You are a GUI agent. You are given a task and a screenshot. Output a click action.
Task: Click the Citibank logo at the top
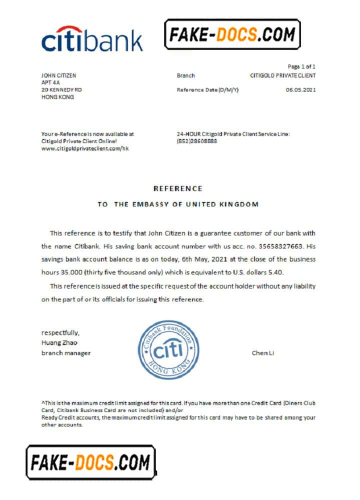click(x=92, y=39)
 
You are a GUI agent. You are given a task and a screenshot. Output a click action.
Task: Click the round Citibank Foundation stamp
click(x=165, y=349)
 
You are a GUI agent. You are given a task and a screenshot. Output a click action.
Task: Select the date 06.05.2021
click(x=300, y=90)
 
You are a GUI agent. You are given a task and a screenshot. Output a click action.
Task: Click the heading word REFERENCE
click(x=178, y=188)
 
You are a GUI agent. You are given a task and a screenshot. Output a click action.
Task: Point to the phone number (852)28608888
click(x=197, y=141)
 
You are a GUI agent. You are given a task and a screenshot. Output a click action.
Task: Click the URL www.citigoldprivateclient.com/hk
click(x=84, y=149)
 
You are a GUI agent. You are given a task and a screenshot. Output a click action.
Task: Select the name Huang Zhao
click(x=59, y=342)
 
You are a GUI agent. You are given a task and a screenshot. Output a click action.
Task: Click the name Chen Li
click(x=263, y=353)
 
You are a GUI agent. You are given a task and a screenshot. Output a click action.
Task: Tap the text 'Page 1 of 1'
click(x=301, y=66)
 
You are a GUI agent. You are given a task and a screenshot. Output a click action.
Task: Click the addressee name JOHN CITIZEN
click(x=58, y=75)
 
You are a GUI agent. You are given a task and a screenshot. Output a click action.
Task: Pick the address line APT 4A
click(x=50, y=82)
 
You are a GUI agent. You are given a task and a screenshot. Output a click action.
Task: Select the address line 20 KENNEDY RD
click(x=61, y=90)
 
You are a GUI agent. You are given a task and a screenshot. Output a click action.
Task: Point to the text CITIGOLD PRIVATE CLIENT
click(x=282, y=75)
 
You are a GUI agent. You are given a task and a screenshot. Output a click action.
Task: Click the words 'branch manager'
click(x=66, y=353)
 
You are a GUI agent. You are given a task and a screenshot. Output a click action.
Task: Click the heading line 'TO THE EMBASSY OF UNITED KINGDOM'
click(x=178, y=204)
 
